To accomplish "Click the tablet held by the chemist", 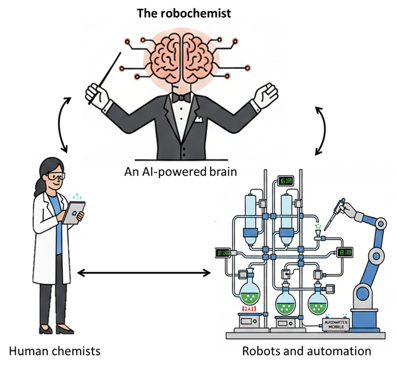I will pos(74,213).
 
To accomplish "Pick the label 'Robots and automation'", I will pos(306,351).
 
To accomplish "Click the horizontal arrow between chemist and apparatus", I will pos(144,273).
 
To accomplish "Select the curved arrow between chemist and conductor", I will pos(65,124).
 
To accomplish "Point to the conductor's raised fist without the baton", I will pos(265,95).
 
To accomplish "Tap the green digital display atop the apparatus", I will pos(286,181).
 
